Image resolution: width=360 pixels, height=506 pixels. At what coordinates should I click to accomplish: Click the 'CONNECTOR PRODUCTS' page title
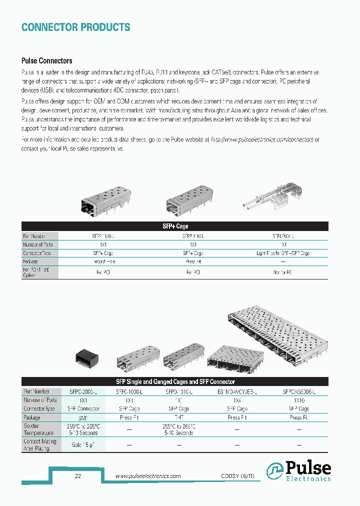(75, 27)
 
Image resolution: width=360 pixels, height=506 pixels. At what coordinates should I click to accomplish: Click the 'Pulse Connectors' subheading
(46, 61)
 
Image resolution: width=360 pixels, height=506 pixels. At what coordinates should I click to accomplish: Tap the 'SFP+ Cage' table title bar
(175, 226)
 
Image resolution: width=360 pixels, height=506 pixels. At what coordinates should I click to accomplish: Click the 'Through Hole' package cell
(104, 261)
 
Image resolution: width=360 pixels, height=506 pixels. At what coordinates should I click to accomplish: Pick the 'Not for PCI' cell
(283, 272)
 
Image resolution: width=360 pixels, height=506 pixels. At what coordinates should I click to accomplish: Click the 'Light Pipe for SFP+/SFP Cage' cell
(283, 253)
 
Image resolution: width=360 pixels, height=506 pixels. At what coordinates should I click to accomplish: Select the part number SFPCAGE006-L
(298, 391)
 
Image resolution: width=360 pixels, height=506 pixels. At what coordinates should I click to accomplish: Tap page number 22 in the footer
(77, 476)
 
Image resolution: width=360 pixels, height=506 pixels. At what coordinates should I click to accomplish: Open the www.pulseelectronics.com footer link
(148, 476)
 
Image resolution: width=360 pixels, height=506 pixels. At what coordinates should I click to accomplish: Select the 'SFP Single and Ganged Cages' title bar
(175, 381)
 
